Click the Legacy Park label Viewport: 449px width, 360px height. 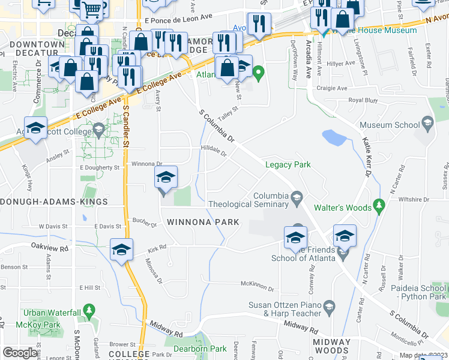coord(288,164)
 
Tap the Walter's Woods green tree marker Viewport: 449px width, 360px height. coord(378,207)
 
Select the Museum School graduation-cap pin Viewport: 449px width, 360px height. coord(427,124)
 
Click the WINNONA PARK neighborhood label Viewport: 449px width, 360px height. coord(203,222)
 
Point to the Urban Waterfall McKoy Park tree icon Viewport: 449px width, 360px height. coord(89,311)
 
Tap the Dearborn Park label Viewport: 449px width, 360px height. coord(200,349)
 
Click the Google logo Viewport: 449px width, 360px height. coord(20,353)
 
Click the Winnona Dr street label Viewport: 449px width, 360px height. coord(146,163)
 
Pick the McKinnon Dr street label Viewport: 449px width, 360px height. coord(256,284)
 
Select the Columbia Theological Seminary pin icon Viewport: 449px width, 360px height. coord(296,197)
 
